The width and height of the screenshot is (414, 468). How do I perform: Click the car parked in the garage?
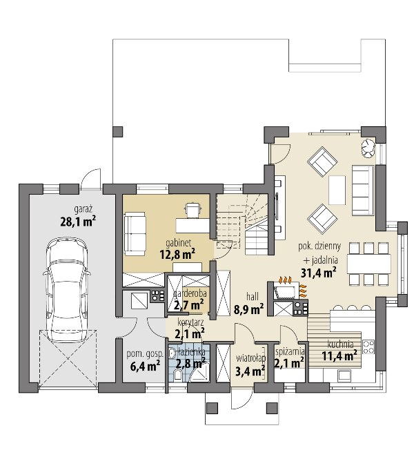tap(68, 290)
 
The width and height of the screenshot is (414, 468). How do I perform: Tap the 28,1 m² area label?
tap(78, 222)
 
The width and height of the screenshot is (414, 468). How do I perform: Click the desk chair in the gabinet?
tap(193, 210)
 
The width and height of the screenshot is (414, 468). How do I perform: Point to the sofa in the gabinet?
tap(135, 234)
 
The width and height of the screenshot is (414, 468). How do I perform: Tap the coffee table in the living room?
tap(337, 190)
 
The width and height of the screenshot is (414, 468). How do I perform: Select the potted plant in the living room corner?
tap(368, 148)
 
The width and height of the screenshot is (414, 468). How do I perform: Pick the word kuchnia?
tap(340, 344)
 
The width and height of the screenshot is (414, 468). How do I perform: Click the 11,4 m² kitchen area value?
tap(339, 355)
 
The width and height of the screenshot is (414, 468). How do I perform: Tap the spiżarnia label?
tap(290, 351)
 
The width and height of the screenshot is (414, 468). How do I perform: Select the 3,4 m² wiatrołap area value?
tap(250, 371)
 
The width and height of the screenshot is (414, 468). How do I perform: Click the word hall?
tap(253, 296)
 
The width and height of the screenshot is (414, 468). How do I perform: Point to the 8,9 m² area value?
tap(248, 309)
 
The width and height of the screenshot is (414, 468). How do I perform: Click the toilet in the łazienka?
tap(178, 375)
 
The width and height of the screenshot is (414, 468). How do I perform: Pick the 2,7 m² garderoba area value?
tap(189, 305)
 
